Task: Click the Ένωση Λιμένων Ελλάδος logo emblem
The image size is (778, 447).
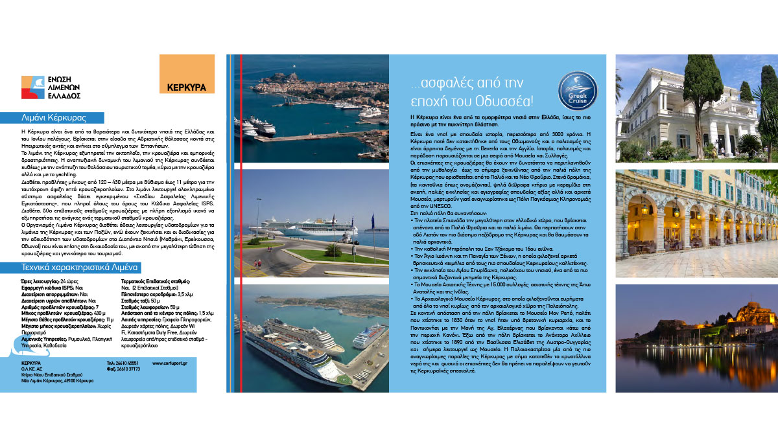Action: tap(32, 86)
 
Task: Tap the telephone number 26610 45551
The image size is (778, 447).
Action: tap(126, 363)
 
